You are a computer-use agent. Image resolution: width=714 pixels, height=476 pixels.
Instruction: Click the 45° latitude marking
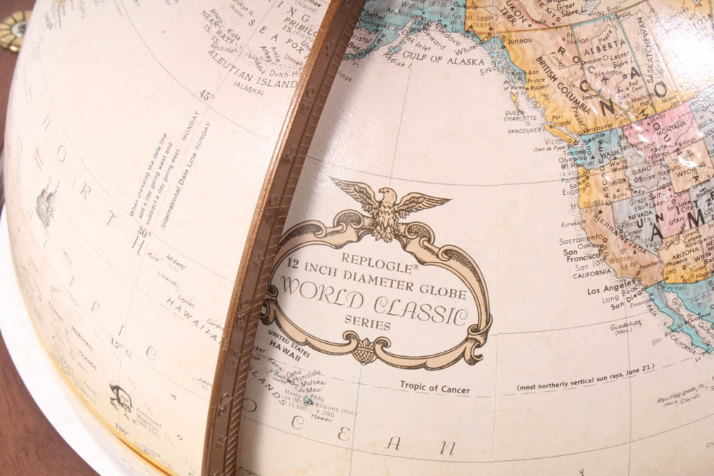(x=206, y=95)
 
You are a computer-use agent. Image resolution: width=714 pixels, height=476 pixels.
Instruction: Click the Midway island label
(x=176, y=256)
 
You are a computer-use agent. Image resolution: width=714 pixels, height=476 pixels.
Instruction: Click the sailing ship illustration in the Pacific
(x=47, y=203)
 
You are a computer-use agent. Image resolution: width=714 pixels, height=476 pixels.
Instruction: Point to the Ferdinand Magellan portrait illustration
(x=120, y=397)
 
